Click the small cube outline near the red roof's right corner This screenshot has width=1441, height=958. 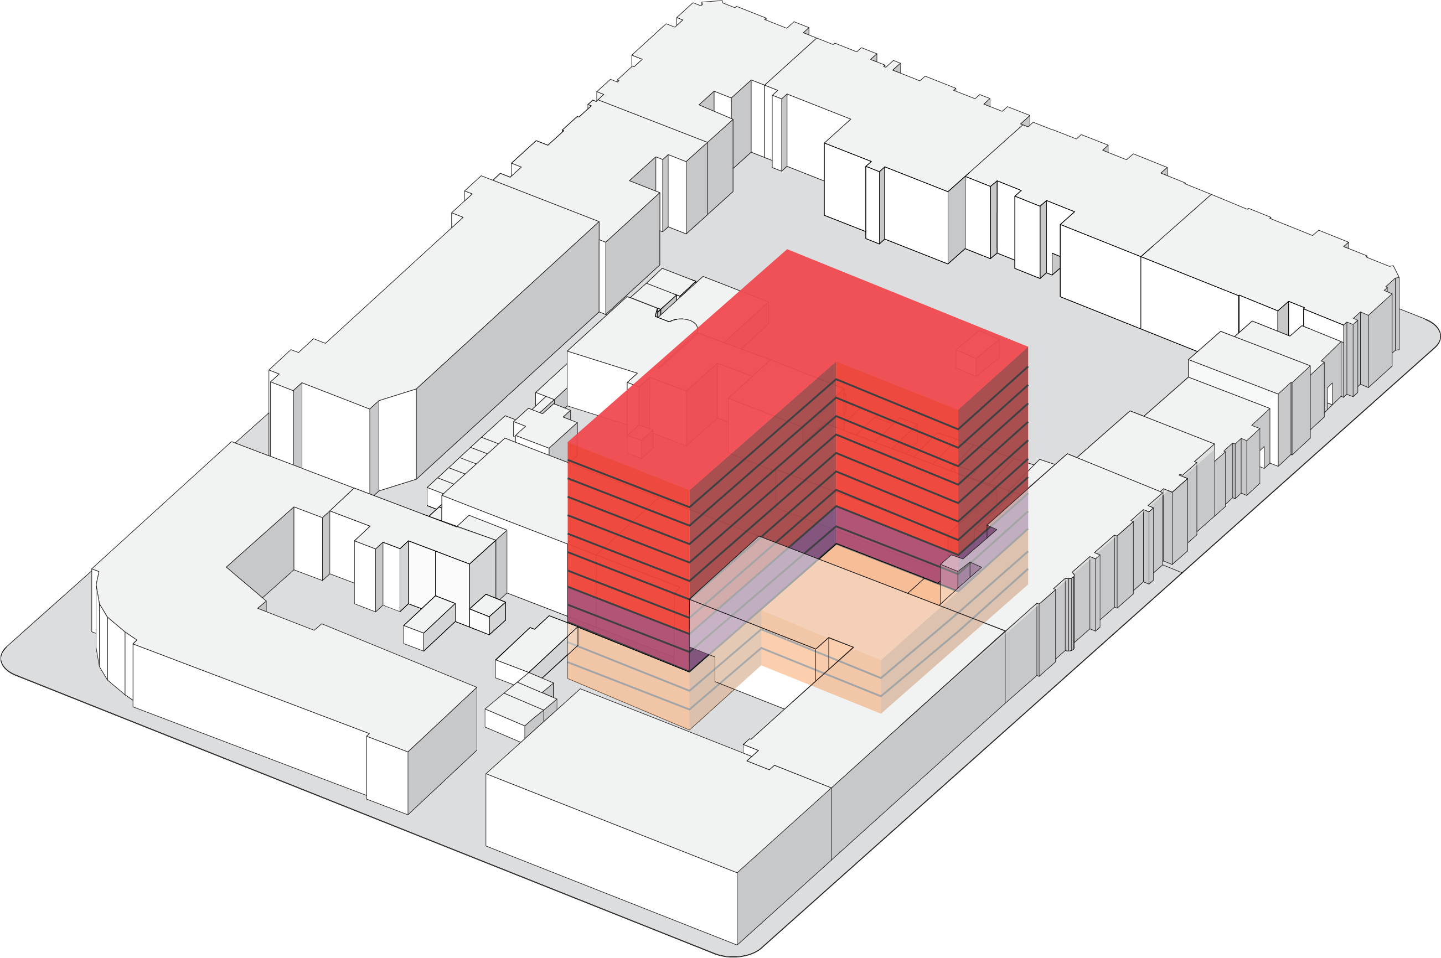[x=977, y=358]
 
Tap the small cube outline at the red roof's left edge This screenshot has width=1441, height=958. [x=640, y=441]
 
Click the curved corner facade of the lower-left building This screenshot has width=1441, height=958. [x=113, y=648]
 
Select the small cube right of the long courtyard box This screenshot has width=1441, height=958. [x=488, y=613]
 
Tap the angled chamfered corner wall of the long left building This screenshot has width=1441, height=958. [x=397, y=440]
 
